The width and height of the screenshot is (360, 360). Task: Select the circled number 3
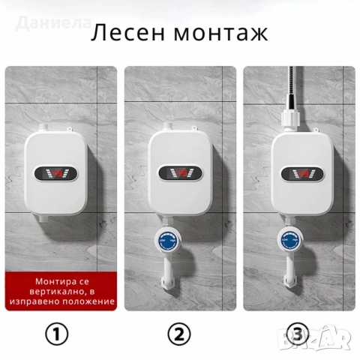click(x=300, y=333)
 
